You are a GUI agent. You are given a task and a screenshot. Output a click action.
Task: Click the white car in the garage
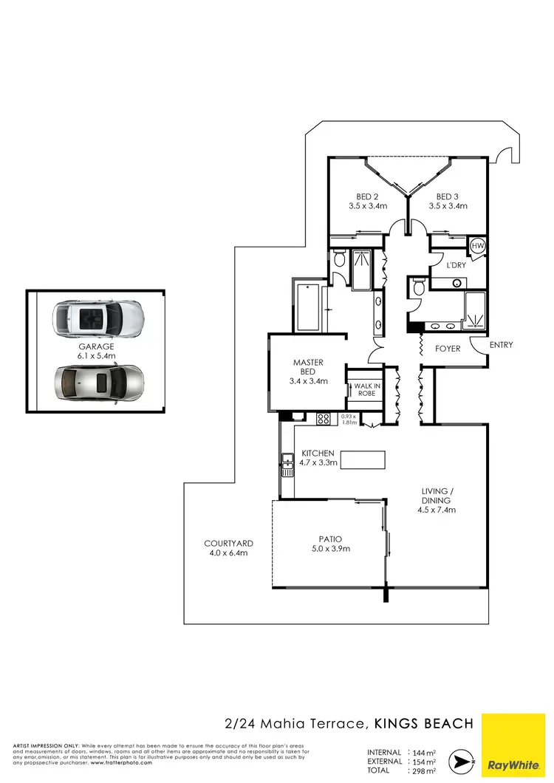pyautogui.click(x=98, y=318)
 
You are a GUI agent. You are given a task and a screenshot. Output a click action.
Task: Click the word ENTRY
pyautogui.click(x=500, y=345)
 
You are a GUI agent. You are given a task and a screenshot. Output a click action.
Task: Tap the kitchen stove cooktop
pyautogui.click(x=324, y=419)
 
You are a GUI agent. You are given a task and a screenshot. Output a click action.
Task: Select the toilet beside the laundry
pyautogui.click(x=417, y=287)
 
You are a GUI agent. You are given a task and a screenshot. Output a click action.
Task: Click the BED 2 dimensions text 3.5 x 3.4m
pyautogui.click(x=367, y=206)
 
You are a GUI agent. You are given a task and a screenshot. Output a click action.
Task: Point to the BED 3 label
pyautogui.click(x=448, y=196)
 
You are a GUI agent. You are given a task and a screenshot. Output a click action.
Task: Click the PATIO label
pyautogui.click(x=329, y=538)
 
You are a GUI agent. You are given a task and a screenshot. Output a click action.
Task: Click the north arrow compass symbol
pyautogui.click(x=462, y=761)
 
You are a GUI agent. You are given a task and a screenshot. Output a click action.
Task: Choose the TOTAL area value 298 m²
pyautogui.click(x=422, y=770)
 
